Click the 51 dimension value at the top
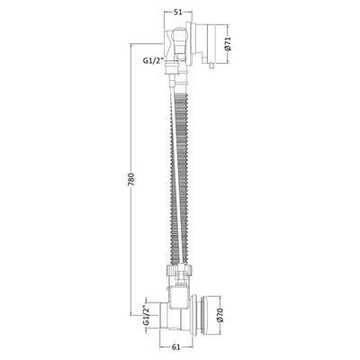tap(178, 13)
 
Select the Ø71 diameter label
tap(228, 44)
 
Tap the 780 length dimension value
tap(131, 179)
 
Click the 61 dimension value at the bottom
tap(176, 347)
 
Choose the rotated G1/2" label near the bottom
tap(146, 315)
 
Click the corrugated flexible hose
tap(180, 178)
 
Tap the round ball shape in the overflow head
tap(181, 36)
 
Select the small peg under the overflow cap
tap(211, 66)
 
